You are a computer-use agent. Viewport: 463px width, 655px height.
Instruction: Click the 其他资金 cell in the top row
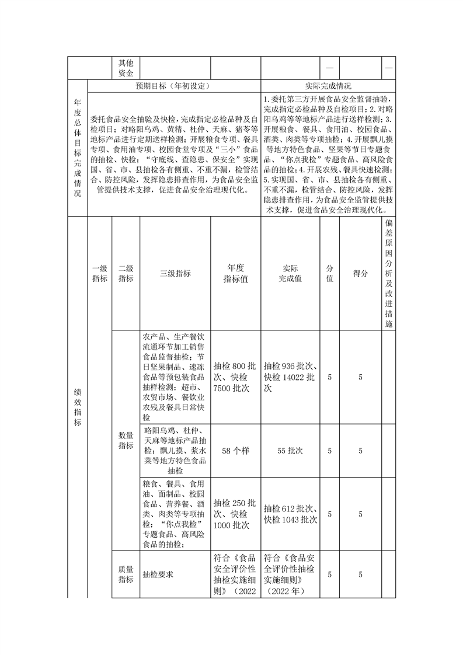126,68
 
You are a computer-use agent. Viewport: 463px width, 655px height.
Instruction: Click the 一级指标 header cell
99,273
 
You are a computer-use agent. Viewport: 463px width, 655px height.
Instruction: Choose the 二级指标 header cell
126,273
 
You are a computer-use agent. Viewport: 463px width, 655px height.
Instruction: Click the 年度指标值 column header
236,273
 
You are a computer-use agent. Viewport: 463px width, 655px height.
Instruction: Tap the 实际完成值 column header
290,273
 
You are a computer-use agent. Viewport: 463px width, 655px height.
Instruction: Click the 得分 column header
360,273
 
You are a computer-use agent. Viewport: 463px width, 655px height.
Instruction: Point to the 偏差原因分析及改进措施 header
389,273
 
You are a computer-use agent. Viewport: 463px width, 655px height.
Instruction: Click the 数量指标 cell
126,441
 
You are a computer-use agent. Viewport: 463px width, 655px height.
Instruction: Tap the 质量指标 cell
126,574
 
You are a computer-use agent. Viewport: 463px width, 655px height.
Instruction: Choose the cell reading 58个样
236,451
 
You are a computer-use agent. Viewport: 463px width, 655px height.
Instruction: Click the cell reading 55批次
290,451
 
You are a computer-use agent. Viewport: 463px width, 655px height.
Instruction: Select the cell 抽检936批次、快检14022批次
290,377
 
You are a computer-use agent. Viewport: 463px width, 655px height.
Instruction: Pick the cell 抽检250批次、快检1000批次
236,514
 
